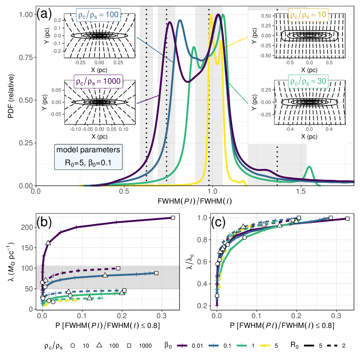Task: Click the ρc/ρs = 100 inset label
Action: (98, 15)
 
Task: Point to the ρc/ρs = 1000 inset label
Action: (98, 81)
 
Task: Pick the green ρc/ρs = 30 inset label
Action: (308, 81)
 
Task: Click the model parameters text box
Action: (88, 157)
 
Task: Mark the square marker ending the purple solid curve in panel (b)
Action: (173, 218)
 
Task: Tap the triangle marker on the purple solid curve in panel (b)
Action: (48, 243)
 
